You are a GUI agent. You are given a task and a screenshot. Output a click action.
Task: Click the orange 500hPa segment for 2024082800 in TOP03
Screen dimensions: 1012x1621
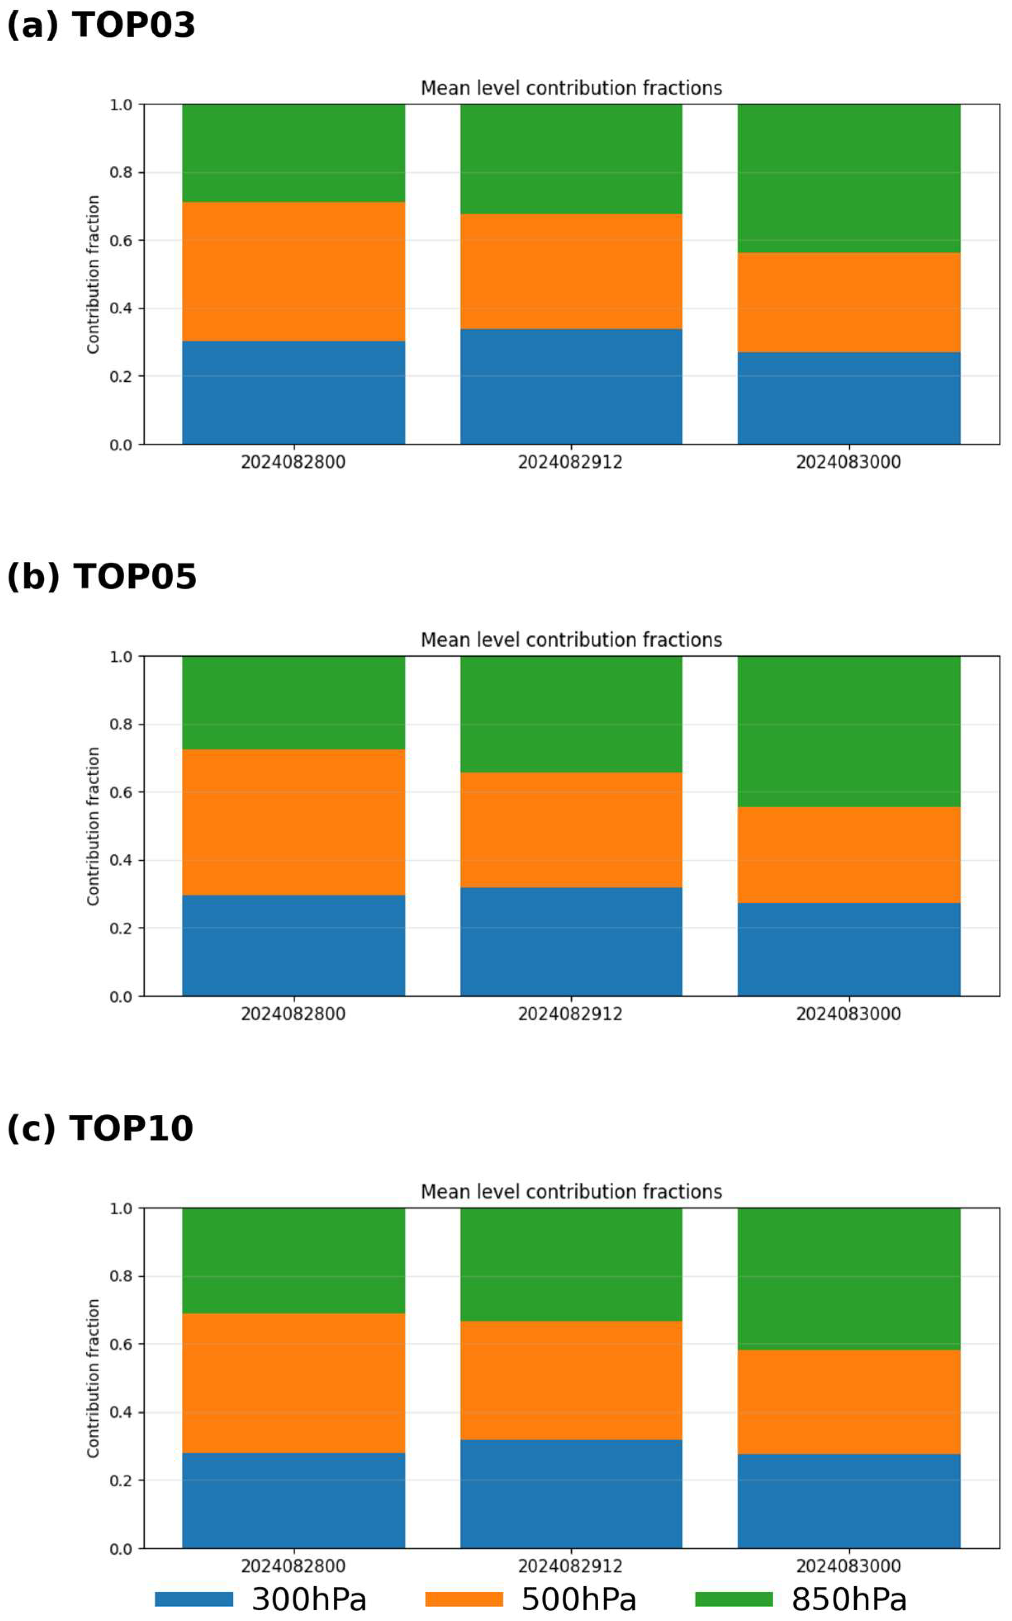tap(293, 272)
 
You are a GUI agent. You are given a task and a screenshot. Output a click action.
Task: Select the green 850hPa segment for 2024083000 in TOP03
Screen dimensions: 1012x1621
tap(848, 179)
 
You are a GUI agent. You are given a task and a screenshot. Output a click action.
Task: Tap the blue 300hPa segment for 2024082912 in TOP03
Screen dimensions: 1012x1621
tap(571, 387)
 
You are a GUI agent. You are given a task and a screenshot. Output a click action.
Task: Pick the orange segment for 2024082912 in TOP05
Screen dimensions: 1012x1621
tap(571, 830)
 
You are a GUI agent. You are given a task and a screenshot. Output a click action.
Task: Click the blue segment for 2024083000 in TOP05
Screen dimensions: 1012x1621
tap(848, 950)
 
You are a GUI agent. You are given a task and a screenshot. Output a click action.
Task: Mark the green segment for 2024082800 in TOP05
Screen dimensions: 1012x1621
tap(293, 703)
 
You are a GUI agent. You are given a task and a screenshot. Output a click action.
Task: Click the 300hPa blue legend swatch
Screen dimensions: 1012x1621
tap(194, 1600)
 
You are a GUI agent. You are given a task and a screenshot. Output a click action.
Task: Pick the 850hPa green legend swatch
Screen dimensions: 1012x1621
tap(734, 1600)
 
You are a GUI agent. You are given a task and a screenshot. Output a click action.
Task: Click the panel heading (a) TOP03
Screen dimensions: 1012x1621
tap(101, 26)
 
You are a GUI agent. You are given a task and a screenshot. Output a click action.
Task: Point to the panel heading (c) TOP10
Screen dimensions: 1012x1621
tap(100, 1129)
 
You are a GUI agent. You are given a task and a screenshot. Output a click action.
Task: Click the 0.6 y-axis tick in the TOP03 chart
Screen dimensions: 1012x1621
tap(121, 241)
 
